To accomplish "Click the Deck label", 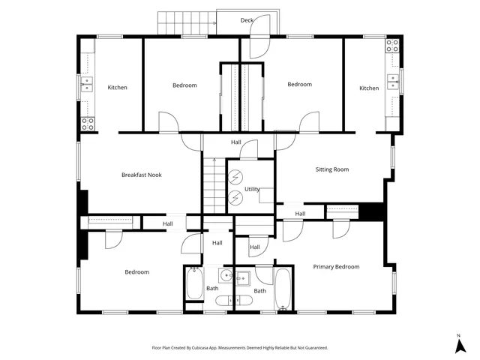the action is (247, 20).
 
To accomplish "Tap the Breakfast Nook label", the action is (142, 175).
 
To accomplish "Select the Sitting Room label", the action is (332, 169).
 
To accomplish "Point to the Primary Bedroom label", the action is (336, 267).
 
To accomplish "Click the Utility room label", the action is (252, 189).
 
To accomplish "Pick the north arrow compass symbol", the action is (460, 344).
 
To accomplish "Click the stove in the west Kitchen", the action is (88, 124).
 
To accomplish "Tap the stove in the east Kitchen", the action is (392, 46).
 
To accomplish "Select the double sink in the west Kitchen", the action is (87, 84).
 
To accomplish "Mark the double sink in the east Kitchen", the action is (393, 82).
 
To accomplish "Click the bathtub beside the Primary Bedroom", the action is (282, 289).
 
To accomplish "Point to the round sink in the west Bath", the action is (226, 275).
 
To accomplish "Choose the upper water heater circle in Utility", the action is (235, 177).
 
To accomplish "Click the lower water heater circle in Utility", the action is (235, 198).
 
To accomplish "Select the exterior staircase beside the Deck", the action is (187, 23).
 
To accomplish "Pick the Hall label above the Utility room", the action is (236, 142).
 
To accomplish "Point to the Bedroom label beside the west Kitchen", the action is (184, 85).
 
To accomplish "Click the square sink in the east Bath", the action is (243, 278).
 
